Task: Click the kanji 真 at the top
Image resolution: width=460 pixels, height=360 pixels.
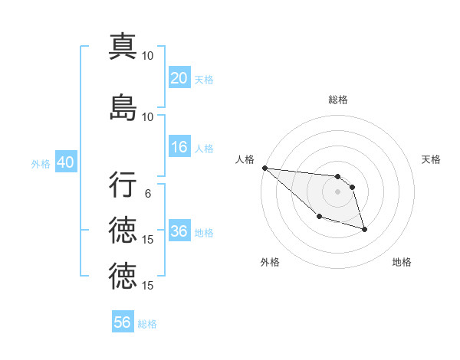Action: coord(123,47)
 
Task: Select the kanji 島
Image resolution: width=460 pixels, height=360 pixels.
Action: coord(123,107)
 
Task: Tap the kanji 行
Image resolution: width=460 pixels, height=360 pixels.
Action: coord(123,185)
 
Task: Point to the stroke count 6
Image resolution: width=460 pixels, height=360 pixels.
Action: coord(148,194)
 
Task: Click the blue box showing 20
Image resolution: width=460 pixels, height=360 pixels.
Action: coord(179,78)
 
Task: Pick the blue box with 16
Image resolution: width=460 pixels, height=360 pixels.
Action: coord(179,147)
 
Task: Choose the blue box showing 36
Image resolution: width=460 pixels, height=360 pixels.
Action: coord(179,231)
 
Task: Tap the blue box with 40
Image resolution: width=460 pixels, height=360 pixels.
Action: coord(65,162)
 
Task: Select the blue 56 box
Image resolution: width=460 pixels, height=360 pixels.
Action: coord(123,322)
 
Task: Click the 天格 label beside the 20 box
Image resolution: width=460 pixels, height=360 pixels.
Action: coord(203,79)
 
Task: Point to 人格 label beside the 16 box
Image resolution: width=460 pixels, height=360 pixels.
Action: coord(203,148)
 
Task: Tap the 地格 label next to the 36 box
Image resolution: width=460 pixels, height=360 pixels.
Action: coord(203,232)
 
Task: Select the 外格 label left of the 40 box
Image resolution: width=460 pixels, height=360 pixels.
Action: coord(41,163)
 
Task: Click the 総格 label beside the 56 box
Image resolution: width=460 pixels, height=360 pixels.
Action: coord(147,323)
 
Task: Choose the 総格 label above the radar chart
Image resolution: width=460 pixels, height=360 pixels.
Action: coord(337,100)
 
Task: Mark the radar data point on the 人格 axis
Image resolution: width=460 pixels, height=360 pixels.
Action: coord(264,168)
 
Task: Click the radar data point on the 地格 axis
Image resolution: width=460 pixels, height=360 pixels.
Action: coord(364,229)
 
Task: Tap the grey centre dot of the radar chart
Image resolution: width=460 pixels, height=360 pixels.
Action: coord(337,191)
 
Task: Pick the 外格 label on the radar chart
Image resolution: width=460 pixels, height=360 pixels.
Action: coord(270,262)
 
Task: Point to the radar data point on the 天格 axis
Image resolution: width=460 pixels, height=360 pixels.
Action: coord(352,187)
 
